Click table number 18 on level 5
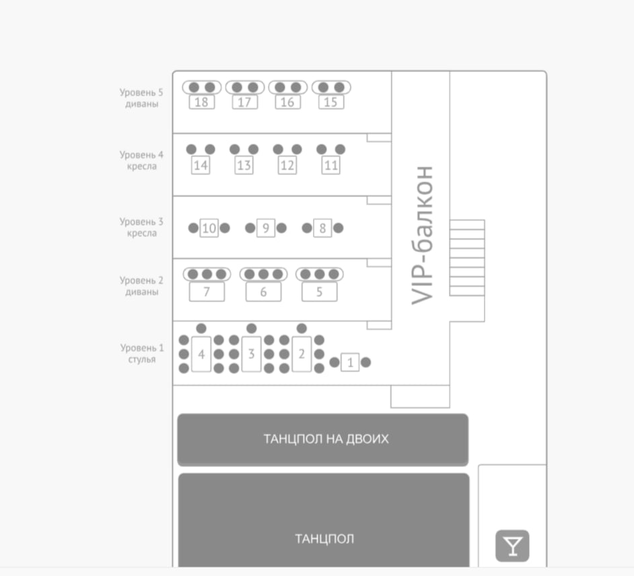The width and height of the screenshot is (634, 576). [x=201, y=102]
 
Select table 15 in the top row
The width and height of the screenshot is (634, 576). [x=330, y=102]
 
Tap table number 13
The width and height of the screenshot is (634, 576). [x=244, y=165]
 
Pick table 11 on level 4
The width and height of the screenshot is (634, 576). [x=330, y=165]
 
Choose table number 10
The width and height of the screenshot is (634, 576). [x=209, y=228]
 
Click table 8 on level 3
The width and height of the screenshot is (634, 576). [x=322, y=228]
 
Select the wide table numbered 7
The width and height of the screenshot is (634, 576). [x=207, y=292]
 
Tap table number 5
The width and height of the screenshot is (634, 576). [x=319, y=292]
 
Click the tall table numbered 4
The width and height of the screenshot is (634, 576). [x=201, y=353]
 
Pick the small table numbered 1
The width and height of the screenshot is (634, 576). [x=349, y=363]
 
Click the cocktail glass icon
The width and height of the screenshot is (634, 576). [x=512, y=546]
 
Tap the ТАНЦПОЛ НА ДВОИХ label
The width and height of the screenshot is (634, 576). [x=326, y=439]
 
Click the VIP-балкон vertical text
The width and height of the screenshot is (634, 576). [x=422, y=235]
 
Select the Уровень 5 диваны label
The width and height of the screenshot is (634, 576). [x=141, y=98]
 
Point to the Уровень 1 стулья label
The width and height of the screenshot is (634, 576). [x=141, y=353]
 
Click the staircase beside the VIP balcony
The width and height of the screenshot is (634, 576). [x=466, y=258]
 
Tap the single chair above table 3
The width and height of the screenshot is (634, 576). [x=252, y=328]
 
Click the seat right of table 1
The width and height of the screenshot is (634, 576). [x=366, y=363]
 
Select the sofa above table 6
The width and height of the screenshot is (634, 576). [x=263, y=275]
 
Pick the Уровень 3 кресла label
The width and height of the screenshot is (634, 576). [x=141, y=227]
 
